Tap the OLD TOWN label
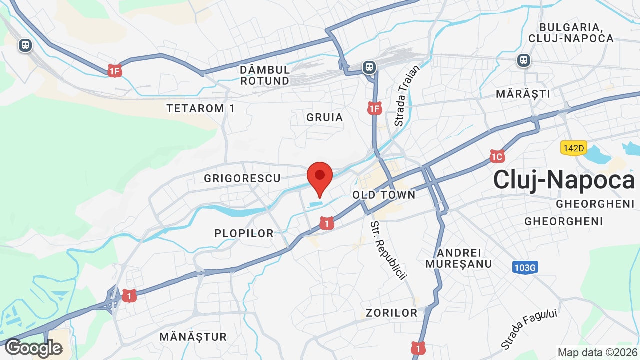tap(384, 195)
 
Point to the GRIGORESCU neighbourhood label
tap(242, 178)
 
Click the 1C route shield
tap(497, 157)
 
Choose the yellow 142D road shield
tap(573, 148)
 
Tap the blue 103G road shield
tap(525, 268)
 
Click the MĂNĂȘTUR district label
tap(193, 337)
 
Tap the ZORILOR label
tap(391, 313)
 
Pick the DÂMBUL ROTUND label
tap(265, 75)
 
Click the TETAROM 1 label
tap(200, 108)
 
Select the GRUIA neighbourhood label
tap(325, 117)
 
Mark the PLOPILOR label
tap(244, 233)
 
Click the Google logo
tap(33, 348)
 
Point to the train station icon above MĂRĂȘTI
tap(523, 60)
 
